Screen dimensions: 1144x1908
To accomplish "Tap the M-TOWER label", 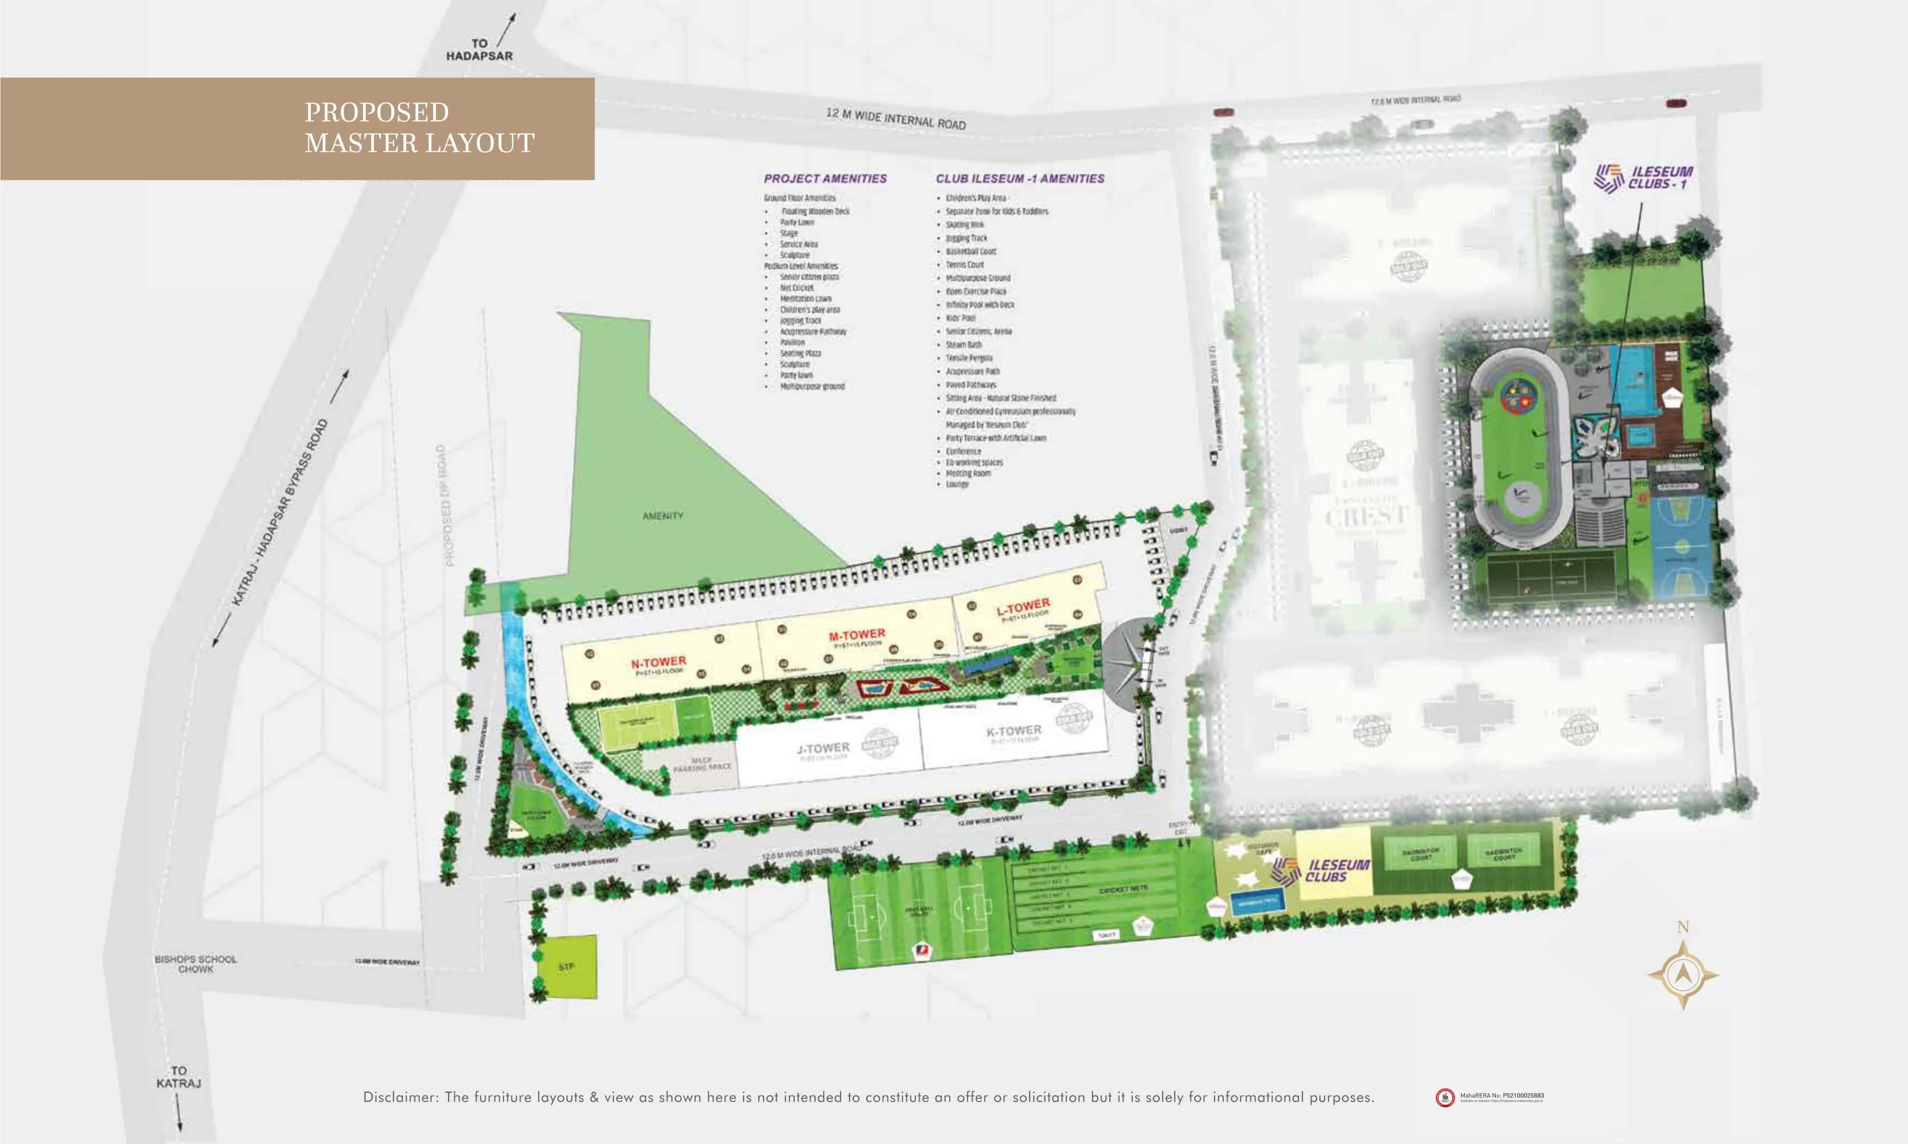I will click(857, 635).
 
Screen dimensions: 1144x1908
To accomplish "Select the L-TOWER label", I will click(1023, 607).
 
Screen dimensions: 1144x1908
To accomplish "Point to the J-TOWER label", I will click(822, 748).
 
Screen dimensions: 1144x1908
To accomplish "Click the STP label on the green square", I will click(566, 966).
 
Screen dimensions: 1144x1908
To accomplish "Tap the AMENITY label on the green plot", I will click(662, 516).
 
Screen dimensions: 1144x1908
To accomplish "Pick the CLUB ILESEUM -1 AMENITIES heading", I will click(1019, 178).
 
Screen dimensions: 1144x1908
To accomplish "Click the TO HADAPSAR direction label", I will click(479, 50).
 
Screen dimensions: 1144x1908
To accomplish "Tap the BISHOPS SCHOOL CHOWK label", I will click(196, 964).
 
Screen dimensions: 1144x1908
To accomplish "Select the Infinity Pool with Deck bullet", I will click(980, 305).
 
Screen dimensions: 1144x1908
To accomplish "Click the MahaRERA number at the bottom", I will click(1501, 1096).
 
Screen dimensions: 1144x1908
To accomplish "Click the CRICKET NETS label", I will click(1123, 890).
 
